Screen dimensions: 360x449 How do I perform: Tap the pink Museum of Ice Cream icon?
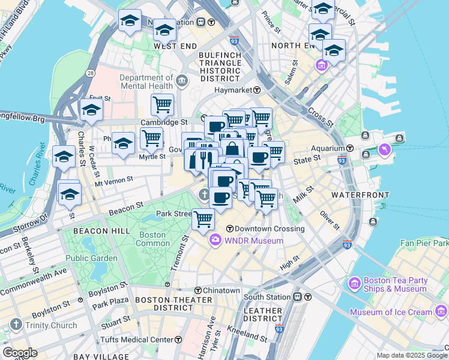click(x=442, y=311)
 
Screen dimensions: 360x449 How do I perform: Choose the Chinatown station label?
click(x=221, y=290)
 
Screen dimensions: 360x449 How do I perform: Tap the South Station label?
click(x=268, y=297)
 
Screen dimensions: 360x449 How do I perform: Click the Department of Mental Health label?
click(x=146, y=82)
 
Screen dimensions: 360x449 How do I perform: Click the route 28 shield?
click(x=89, y=73)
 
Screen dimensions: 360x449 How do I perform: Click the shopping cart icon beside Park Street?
click(x=203, y=219)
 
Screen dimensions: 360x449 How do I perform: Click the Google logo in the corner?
click(x=20, y=352)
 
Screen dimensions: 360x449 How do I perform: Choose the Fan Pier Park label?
click(x=426, y=244)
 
